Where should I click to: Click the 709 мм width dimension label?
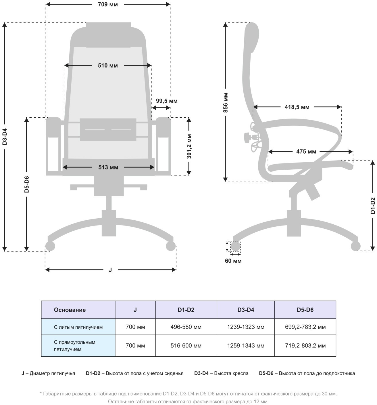point(108,5)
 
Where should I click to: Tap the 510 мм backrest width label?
point(108,66)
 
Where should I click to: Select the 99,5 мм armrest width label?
point(167,101)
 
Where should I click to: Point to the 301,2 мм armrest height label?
point(189,146)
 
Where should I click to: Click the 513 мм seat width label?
point(108,167)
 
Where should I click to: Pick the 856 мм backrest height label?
point(226,103)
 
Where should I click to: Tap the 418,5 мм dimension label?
point(297,107)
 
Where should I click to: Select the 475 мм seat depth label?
point(306,152)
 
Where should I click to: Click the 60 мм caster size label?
point(233,261)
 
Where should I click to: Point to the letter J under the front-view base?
point(110,270)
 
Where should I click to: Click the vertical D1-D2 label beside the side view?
point(373,205)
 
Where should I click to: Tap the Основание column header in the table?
point(70,310)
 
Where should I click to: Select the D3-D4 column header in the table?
point(246,310)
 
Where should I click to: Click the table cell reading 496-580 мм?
point(186,327)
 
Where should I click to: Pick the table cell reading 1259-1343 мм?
point(246,346)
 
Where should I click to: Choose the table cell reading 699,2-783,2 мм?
point(305,327)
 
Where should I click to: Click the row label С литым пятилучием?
point(78,327)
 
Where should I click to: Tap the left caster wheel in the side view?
point(235,247)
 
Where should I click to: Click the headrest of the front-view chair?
point(108,35)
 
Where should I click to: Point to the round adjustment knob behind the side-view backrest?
point(247,137)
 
